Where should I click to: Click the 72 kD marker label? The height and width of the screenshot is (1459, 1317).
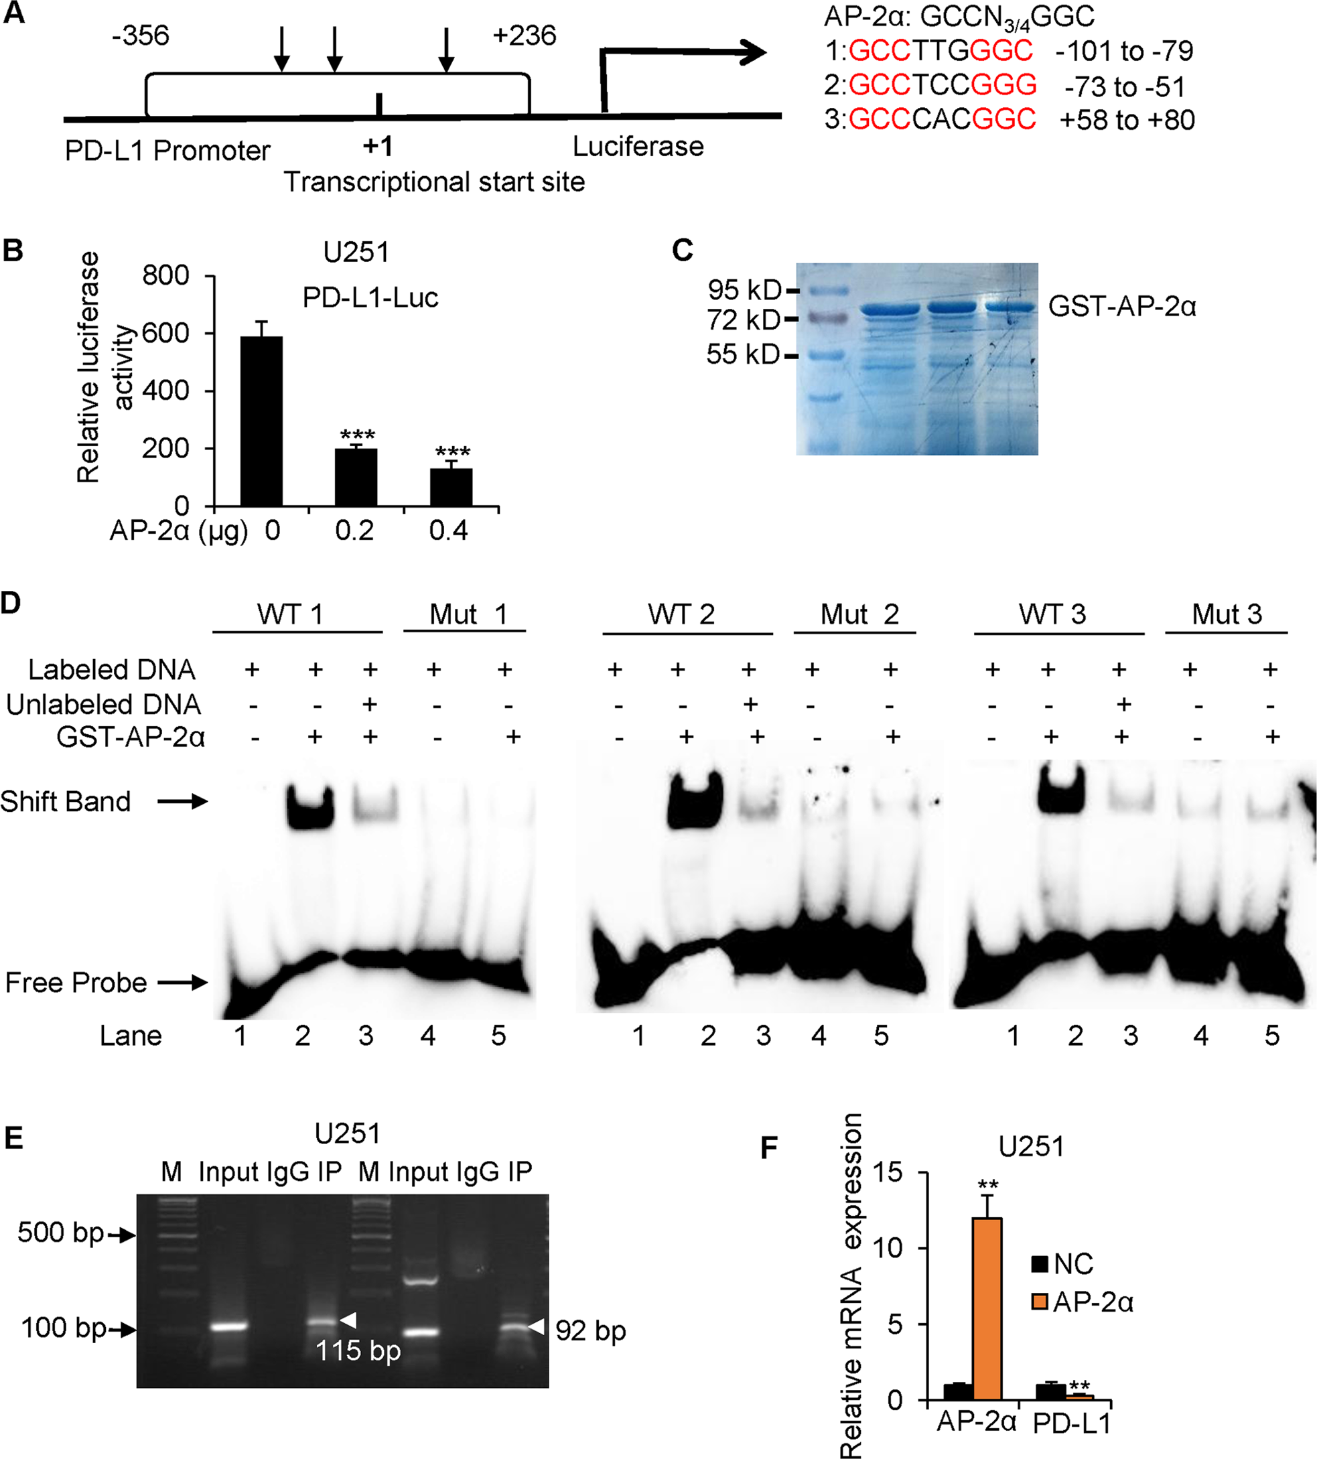743,320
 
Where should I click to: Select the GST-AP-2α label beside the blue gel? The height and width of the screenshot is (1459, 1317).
1121,307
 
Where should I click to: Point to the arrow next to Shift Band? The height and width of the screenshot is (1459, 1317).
182,801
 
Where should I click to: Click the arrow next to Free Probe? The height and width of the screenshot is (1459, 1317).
182,982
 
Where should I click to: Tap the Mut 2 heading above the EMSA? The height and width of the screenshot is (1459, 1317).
859,614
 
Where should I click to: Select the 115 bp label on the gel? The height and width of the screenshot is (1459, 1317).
358,1350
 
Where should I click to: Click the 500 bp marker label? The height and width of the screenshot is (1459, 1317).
60,1233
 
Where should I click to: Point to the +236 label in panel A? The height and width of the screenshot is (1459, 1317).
524,36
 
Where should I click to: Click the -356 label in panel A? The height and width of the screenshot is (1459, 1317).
141,36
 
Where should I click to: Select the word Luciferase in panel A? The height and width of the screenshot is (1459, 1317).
638,147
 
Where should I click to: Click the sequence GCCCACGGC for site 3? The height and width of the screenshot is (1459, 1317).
941,119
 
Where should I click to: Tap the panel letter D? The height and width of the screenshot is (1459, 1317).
11,603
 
